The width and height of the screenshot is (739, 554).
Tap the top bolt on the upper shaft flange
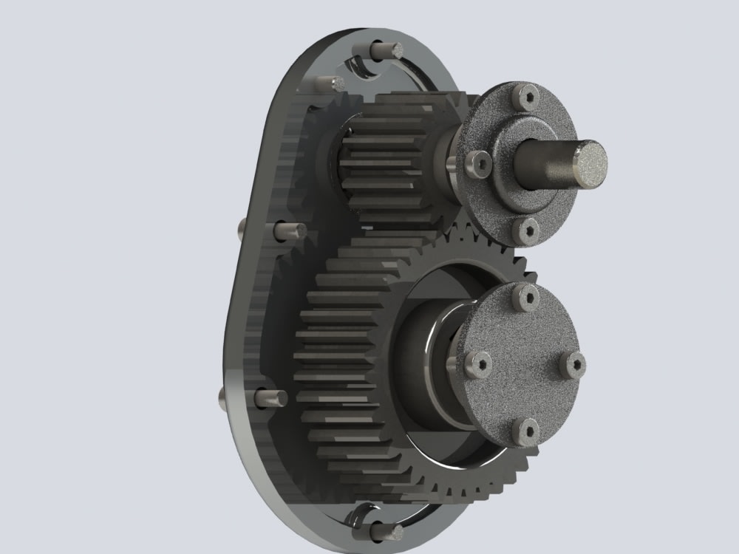528,97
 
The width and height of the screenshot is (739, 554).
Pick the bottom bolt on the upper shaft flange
526,230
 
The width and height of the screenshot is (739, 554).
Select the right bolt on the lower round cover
573,364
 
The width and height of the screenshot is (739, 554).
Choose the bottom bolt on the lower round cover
528,431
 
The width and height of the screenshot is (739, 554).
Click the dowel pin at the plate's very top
386,50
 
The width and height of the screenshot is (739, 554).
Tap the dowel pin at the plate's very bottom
386,530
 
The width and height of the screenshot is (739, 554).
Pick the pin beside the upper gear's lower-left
290,230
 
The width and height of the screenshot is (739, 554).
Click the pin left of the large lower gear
270,398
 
